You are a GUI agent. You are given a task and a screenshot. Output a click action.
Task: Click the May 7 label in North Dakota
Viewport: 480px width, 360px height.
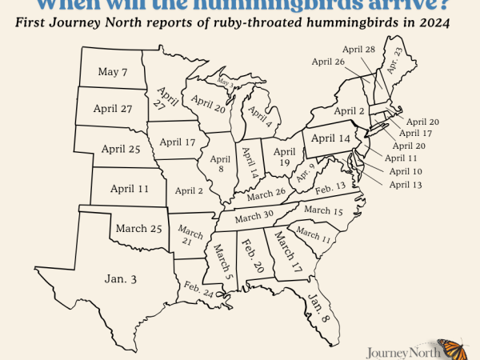point(113,72)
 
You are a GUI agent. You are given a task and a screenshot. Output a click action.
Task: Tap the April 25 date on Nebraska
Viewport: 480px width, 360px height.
point(121,148)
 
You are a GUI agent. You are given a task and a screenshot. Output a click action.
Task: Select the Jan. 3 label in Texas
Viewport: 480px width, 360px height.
point(121,278)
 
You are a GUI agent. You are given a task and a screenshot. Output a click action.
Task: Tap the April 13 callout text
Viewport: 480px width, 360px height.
point(406,185)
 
